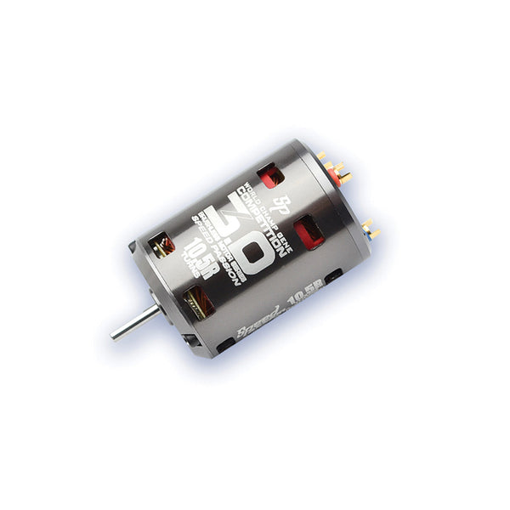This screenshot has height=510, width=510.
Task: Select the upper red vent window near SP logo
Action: point(271,176)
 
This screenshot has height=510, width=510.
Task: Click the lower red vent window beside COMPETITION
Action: point(309,231)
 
